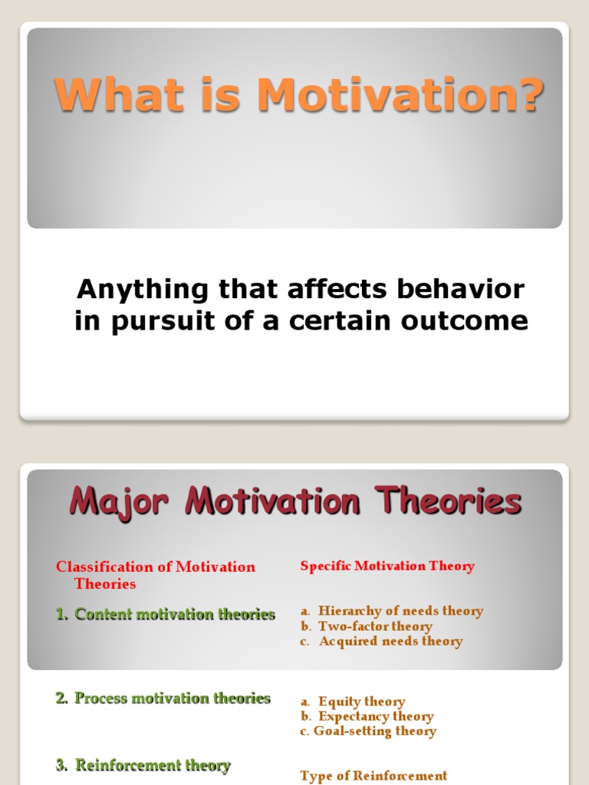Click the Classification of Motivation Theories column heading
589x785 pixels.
(x=155, y=575)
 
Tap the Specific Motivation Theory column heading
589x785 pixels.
(x=387, y=567)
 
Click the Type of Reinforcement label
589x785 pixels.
(x=373, y=776)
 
